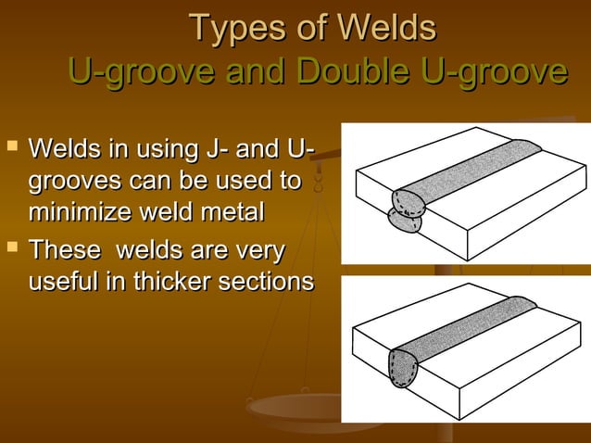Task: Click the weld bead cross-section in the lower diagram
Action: point(402,366)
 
